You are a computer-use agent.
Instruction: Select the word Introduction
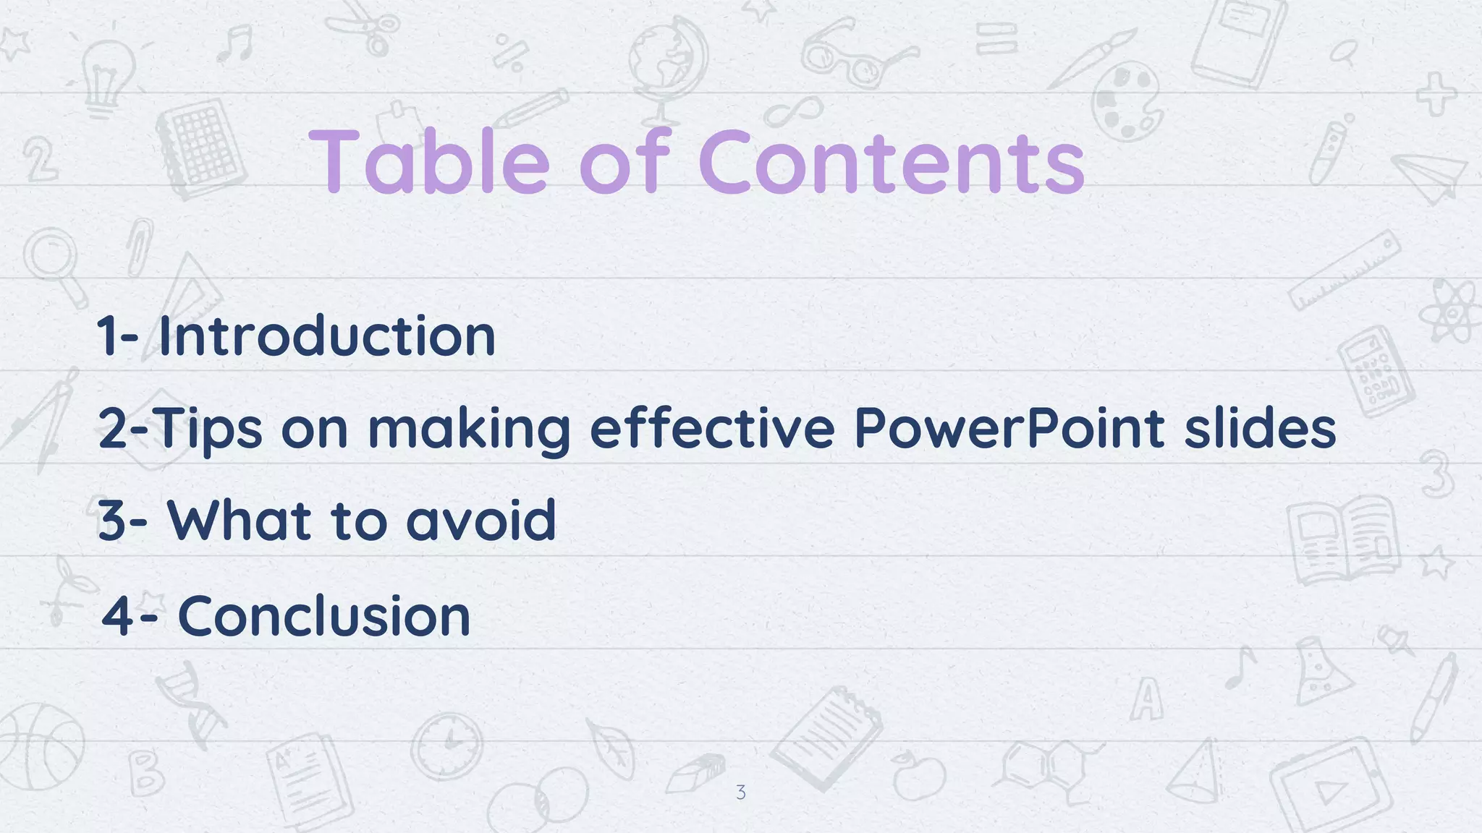(326, 336)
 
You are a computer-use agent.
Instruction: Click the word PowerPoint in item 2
(1009, 428)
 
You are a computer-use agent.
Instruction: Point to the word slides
(1260, 428)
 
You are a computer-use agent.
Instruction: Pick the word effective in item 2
(712, 428)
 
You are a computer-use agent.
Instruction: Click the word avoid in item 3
(481, 520)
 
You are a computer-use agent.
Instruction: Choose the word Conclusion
(324, 616)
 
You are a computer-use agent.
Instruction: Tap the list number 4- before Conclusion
(130, 616)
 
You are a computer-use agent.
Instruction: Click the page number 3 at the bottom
(740, 793)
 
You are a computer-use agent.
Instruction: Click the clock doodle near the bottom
(447, 745)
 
